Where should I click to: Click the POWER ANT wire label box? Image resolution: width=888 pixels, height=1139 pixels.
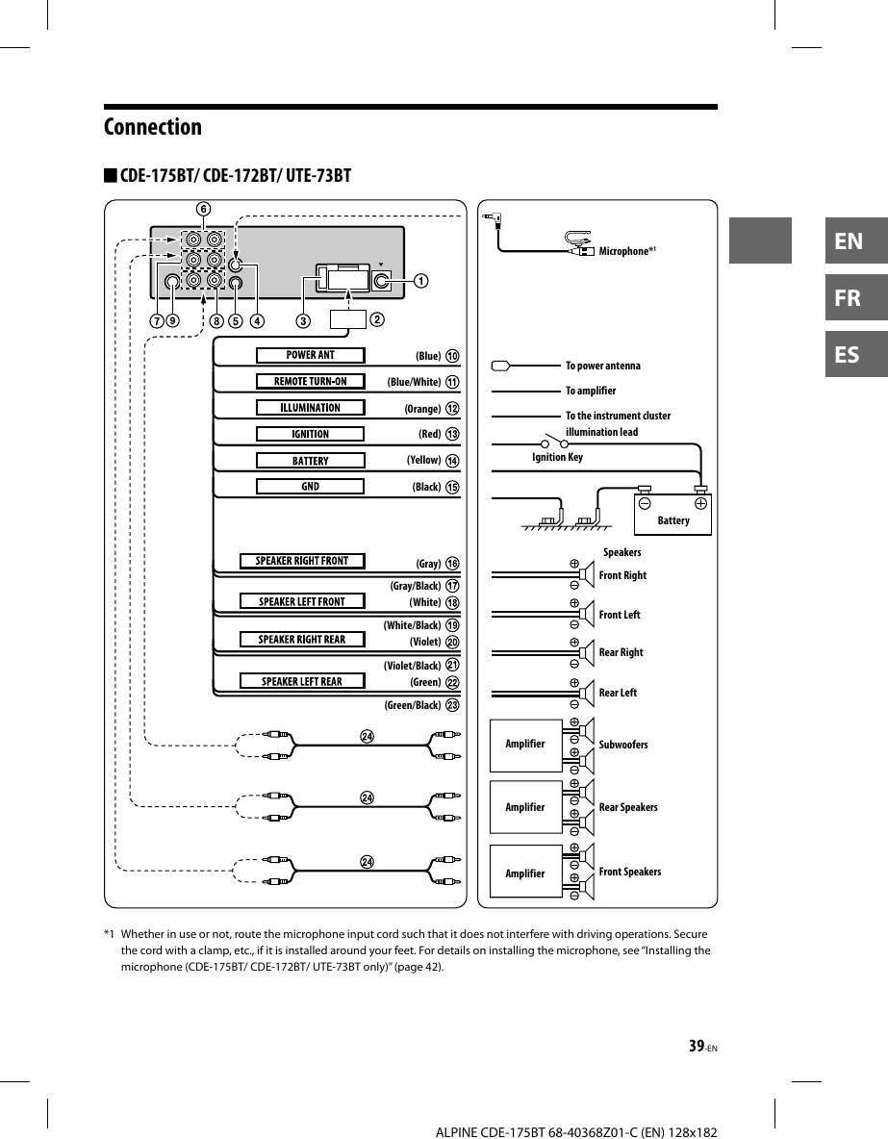(310, 355)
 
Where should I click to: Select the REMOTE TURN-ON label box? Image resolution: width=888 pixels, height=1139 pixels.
(310, 381)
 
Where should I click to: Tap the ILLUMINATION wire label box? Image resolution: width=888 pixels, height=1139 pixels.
(310, 408)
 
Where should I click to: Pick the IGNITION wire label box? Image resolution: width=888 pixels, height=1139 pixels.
(310, 434)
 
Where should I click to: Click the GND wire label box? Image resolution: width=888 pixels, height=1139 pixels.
(310, 487)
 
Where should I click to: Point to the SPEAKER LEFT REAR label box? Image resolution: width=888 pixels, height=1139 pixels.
(302, 682)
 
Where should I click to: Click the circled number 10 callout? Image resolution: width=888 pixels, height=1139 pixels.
(452, 356)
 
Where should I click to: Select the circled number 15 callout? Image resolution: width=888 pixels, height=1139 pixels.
(452, 488)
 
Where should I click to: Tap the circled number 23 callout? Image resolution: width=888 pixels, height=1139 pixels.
(452, 705)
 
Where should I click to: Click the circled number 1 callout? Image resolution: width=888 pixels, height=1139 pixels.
(420, 281)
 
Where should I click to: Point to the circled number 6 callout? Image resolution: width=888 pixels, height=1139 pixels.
(202, 208)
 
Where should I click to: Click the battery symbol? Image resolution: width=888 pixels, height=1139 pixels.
(672, 510)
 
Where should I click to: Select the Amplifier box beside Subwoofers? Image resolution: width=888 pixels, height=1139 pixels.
(525, 745)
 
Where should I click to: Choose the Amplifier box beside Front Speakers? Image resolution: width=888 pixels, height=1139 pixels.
(525, 873)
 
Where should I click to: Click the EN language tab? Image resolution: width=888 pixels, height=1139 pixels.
(849, 240)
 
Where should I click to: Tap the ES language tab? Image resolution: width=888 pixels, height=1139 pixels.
(849, 355)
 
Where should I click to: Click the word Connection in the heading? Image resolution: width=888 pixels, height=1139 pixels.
(153, 127)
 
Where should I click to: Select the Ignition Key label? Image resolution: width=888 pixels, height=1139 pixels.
(557, 457)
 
